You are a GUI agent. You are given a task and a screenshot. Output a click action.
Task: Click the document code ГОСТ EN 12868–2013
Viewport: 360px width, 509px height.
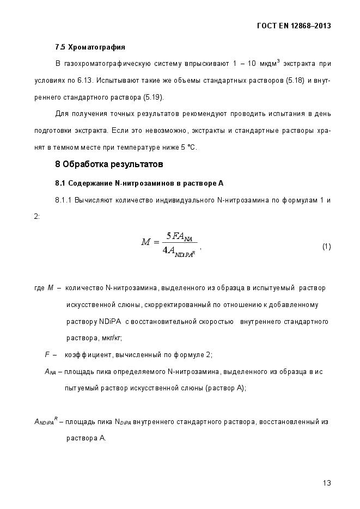293,26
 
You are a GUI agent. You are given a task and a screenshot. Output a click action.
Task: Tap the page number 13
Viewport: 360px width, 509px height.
327,483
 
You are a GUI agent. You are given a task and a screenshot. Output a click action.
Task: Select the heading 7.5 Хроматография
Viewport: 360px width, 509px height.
90,47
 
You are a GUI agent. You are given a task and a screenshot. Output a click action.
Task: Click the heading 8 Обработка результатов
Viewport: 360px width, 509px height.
109,164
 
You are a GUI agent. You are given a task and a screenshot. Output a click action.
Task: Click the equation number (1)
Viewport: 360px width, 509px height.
326,247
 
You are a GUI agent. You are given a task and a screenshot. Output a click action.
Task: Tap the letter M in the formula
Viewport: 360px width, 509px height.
146,242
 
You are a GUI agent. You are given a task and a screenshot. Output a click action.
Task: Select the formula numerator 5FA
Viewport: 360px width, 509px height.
179,236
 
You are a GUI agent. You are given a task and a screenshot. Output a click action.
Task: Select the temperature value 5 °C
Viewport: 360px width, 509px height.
188,148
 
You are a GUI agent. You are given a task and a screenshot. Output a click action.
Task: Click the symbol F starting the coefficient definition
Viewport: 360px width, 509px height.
47,354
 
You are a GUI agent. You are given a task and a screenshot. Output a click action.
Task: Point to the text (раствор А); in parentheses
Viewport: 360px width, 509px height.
226,388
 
